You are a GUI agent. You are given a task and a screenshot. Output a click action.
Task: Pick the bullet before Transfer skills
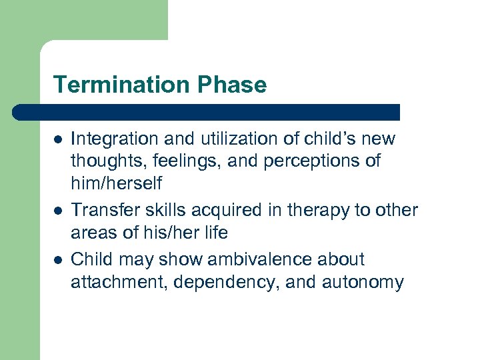pyautogui.click(x=58, y=211)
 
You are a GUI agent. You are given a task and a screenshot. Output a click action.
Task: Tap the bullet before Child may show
pyautogui.click(x=58, y=259)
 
